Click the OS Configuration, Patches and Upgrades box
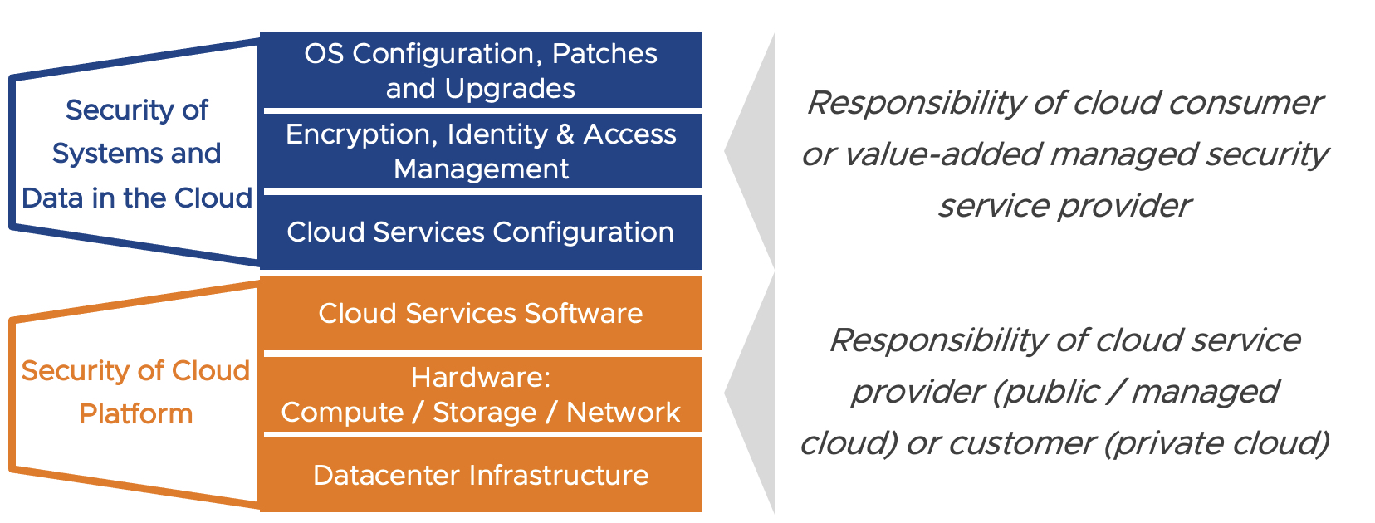481,71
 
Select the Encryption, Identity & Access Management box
481,151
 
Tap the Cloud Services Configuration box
481,232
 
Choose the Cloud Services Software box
481,313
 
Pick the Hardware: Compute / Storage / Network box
481,394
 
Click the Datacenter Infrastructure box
481,475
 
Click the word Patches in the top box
604,54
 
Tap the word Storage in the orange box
485,413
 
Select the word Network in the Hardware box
623,413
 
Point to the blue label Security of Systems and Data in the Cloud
137,154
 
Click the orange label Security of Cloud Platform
135,392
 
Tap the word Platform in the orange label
135,413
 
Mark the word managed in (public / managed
1205,392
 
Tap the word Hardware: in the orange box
481,378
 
